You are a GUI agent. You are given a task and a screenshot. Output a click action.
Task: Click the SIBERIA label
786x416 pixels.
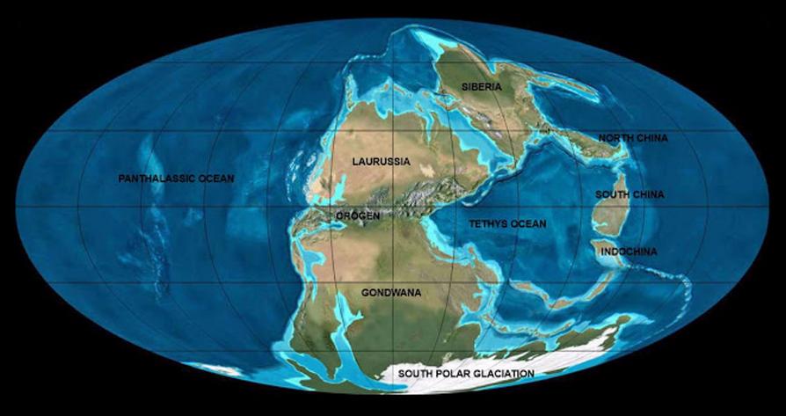coord(482,87)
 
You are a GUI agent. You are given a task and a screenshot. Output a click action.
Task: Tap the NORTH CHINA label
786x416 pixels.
coord(632,138)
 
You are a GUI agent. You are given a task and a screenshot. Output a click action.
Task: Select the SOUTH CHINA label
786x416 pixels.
coord(630,194)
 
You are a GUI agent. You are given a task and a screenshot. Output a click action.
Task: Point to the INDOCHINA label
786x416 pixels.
coord(628,252)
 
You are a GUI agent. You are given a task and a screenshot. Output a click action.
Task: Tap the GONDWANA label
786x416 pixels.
coord(388,289)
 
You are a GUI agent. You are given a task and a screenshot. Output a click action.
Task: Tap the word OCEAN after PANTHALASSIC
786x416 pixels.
coord(216,179)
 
